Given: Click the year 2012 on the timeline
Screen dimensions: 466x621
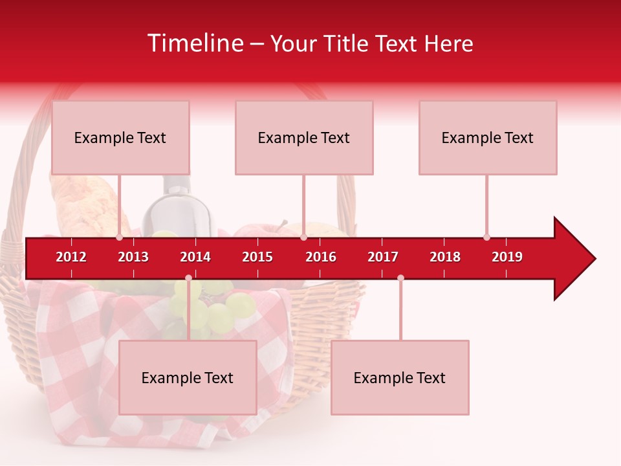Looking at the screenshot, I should [71, 257].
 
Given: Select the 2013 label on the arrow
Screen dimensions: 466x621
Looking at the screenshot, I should [133, 257].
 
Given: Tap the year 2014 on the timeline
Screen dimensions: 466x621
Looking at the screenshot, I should [195, 257].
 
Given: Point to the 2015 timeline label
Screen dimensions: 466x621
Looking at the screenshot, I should [257, 257].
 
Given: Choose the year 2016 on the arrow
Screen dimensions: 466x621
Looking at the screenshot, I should [321, 257].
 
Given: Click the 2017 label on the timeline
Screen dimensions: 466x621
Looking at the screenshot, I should [383, 257].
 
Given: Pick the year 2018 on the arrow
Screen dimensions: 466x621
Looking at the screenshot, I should [445, 257].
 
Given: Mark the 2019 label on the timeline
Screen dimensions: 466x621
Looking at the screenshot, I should [507, 257].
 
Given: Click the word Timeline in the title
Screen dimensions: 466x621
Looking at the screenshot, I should [194, 43].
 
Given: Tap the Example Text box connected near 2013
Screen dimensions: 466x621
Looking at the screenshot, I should [120, 137].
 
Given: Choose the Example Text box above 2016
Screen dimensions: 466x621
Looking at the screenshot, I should [304, 137].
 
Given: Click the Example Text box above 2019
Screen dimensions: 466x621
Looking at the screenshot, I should [488, 137].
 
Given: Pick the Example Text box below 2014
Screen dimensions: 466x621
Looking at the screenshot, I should [188, 377].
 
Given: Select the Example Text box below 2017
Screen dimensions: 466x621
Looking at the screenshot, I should [400, 377].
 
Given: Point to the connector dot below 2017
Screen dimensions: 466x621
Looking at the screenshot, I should [400, 278].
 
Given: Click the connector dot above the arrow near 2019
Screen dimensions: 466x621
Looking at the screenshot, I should [486, 238].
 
